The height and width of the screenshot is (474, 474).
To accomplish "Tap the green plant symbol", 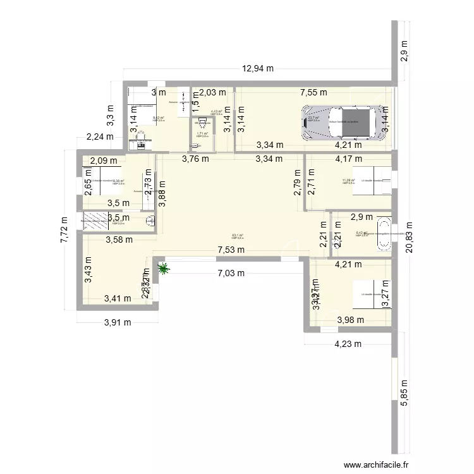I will coord(164,270).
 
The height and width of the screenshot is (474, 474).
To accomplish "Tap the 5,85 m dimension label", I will coord(405,386).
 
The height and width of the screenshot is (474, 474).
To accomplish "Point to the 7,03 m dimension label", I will coord(231,273).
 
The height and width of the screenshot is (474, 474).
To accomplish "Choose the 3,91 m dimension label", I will coord(117,322).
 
